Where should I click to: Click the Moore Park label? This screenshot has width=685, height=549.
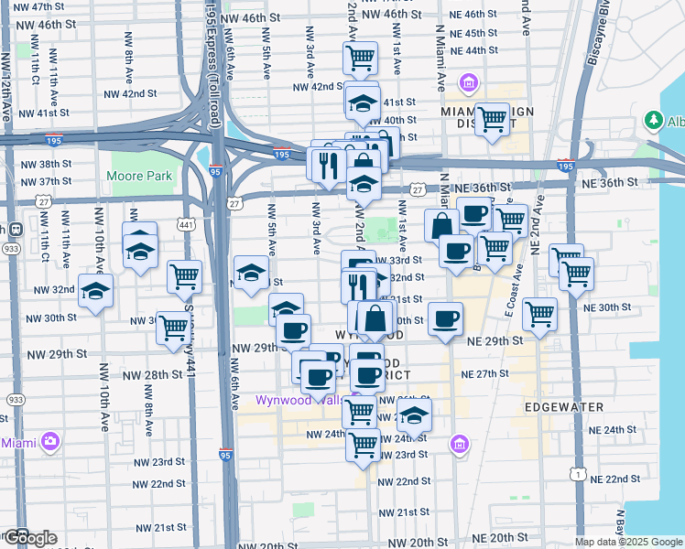(x=139, y=175)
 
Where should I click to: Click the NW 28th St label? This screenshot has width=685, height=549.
(x=152, y=375)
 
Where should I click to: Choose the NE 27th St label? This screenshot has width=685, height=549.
(x=485, y=374)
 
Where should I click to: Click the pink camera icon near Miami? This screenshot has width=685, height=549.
(x=49, y=442)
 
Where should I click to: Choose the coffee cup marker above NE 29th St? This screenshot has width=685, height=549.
(x=446, y=318)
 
